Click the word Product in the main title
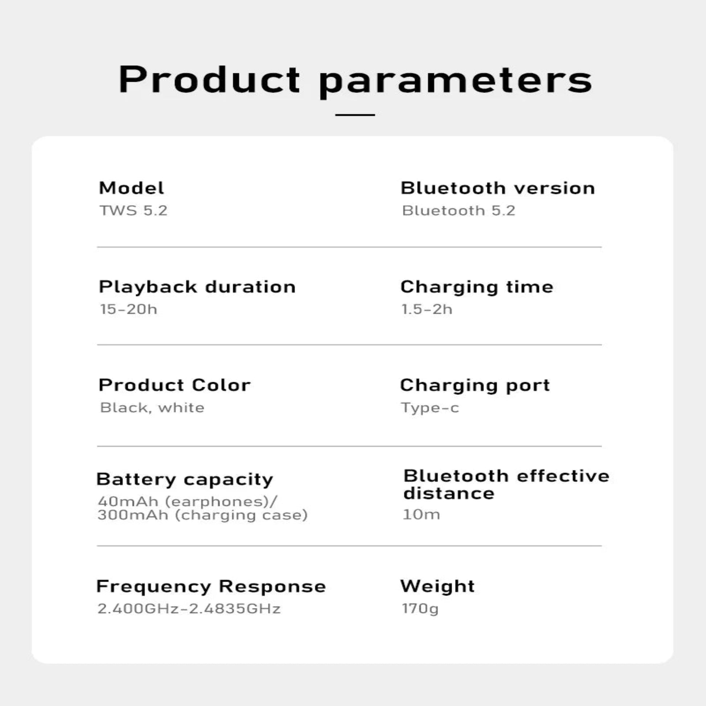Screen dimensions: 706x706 209,79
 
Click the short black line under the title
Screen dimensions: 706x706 355,115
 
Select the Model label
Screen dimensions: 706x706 132,188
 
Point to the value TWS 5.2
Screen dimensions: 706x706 134,210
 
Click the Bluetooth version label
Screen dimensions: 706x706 498,188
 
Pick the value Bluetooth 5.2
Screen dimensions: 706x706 459,210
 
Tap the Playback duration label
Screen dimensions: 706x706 197,287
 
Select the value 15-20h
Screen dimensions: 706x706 129,309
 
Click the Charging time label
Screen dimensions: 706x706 477,287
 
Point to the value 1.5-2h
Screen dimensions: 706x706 427,309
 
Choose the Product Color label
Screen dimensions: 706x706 175,385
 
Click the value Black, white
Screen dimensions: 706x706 152,407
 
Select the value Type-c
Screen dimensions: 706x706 430,408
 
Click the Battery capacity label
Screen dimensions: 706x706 185,480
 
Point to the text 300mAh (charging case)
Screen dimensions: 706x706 202,515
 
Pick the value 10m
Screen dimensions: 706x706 421,514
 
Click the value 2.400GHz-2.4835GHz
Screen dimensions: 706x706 189,609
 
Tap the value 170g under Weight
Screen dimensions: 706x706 420,609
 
